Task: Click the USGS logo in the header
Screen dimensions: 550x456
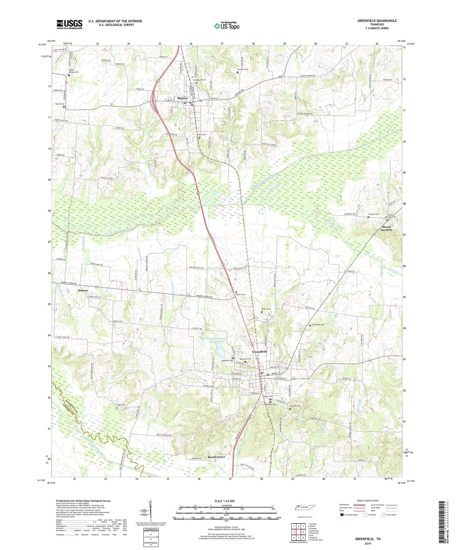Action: pos(69,24)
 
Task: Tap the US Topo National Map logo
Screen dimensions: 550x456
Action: pos(227,26)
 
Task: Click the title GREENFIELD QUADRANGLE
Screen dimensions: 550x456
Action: pos(377,21)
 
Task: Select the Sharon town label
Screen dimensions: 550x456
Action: pos(182,98)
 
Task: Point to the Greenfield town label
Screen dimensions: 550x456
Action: pos(259,352)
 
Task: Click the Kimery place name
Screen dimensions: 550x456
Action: pos(83,290)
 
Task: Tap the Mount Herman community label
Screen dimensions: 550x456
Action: pos(387,228)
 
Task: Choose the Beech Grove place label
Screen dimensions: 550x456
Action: pos(216,457)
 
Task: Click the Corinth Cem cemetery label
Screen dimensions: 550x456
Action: pos(243,69)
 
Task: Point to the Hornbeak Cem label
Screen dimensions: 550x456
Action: pos(318,325)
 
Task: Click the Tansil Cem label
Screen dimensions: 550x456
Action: pos(60,104)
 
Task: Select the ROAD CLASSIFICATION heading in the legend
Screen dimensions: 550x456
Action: pos(367,501)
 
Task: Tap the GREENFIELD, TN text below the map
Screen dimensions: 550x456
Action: pos(368,539)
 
